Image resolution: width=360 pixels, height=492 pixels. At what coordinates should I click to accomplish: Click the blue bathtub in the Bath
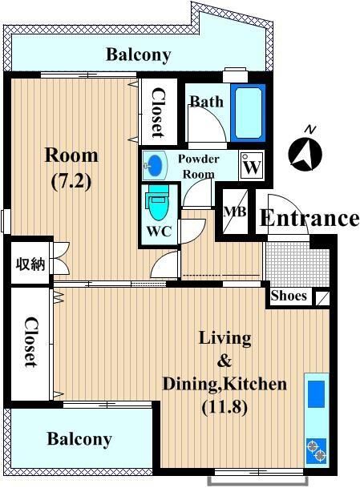click(249, 112)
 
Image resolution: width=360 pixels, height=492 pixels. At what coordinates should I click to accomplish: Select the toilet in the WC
click(157, 203)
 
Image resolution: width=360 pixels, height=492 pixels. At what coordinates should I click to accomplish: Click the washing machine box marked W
click(252, 165)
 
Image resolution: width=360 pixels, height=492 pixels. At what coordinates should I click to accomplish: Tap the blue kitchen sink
click(316, 393)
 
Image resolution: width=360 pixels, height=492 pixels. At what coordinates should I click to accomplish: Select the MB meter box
click(235, 212)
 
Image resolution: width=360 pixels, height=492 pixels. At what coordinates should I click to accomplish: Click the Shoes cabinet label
click(289, 296)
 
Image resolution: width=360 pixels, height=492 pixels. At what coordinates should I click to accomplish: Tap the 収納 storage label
click(30, 264)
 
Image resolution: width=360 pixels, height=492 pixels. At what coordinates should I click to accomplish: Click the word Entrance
click(309, 218)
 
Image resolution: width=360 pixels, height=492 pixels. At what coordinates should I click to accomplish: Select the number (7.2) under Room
click(71, 182)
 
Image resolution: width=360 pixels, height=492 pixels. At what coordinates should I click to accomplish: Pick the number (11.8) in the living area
click(224, 407)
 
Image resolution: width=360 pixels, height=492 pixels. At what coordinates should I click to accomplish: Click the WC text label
click(159, 232)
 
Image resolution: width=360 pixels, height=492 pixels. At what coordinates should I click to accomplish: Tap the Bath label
click(207, 102)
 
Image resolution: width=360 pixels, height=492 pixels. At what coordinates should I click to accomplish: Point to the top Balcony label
click(139, 55)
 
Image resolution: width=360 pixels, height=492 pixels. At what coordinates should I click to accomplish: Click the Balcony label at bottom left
click(79, 439)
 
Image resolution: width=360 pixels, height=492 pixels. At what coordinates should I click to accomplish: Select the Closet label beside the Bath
click(159, 113)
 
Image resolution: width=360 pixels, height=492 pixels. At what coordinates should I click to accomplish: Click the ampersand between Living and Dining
click(224, 361)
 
